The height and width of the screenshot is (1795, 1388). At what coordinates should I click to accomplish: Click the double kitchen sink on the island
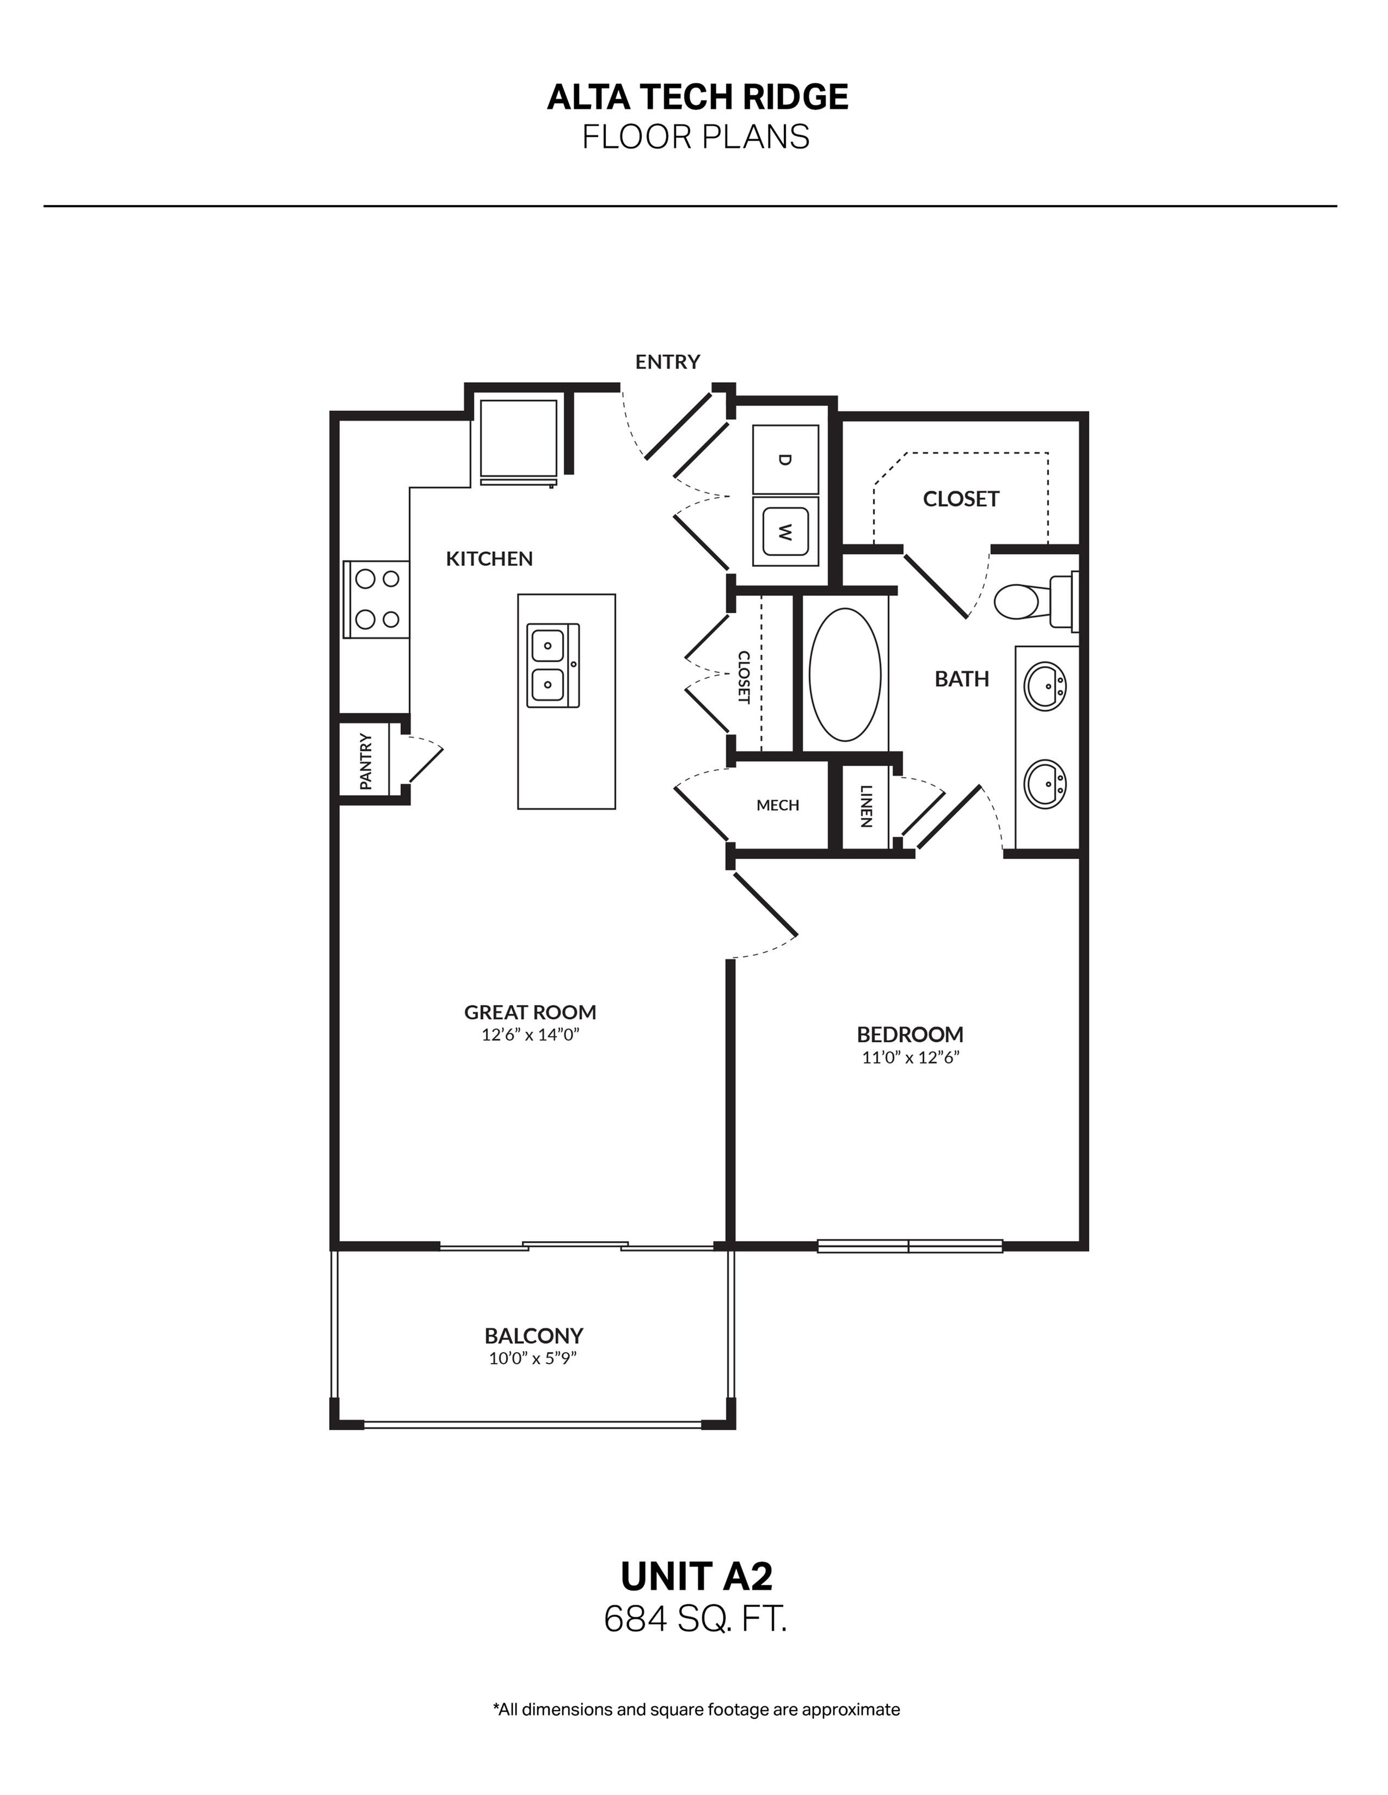click(x=552, y=666)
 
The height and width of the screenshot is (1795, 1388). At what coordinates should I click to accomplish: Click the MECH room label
click(x=777, y=806)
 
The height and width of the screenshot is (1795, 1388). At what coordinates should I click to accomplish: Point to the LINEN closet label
click(x=866, y=806)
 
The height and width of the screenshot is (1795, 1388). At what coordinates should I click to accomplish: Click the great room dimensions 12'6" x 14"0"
click(x=530, y=1035)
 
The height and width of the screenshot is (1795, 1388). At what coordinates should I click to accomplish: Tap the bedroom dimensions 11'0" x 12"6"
click(x=910, y=1057)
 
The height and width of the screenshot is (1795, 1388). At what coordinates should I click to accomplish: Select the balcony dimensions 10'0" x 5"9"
click(x=533, y=1359)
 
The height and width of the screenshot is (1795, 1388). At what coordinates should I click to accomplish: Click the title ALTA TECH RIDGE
click(x=697, y=97)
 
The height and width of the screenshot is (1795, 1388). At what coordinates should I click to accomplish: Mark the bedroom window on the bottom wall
click(x=910, y=1246)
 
